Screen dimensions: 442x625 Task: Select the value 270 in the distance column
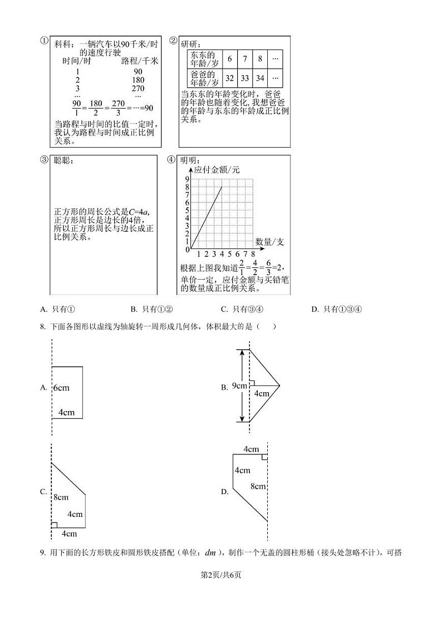pos(138,88)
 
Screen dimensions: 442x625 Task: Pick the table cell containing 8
pos(260,58)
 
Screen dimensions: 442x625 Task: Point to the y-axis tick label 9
pos(187,179)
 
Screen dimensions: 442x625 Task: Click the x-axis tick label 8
pos(253,254)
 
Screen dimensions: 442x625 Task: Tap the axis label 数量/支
pos(270,242)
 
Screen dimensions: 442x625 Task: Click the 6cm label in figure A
pos(61,388)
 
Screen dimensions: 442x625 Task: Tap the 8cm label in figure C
pos(61,497)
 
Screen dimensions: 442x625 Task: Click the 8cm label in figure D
pos(258,486)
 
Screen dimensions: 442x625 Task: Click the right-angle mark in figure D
pos(264,457)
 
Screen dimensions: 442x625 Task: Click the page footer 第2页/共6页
pos(220,574)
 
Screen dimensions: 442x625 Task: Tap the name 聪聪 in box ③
pos(63,160)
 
